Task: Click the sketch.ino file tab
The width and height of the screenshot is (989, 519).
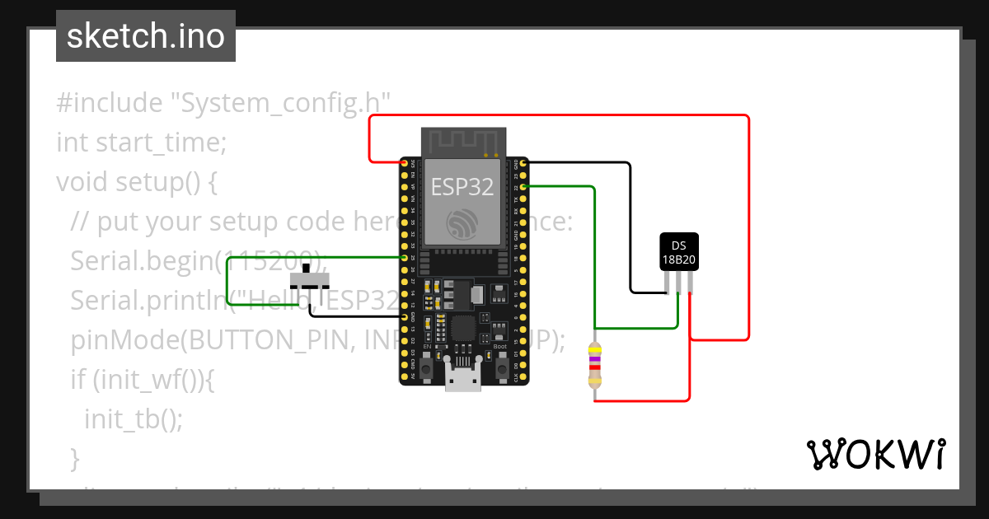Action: pyautogui.click(x=145, y=36)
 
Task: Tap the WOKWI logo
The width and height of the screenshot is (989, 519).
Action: pyautogui.click(x=875, y=454)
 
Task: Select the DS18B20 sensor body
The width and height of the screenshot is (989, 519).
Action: pyautogui.click(x=679, y=253)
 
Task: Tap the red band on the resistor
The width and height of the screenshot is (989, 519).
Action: pyautogui.click(x=593, y=367)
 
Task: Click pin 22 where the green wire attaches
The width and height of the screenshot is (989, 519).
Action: pyautogui.click(x=521, y=188)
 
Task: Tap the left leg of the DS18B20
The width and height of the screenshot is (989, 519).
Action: pyautogui.click(x=667, y=283)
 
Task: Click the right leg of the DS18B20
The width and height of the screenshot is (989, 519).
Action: pyautogui.click(x=690, y=283)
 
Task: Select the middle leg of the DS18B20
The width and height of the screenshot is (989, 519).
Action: pyautogui.click(x=678, y=283)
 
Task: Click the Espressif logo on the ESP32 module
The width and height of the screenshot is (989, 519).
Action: pyautogui.click(x=462, y=223)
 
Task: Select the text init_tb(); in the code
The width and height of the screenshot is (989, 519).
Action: pyautogui.click(x=133, y=419)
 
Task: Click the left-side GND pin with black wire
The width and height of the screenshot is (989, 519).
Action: pyautogui.click(x=405, y=316)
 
